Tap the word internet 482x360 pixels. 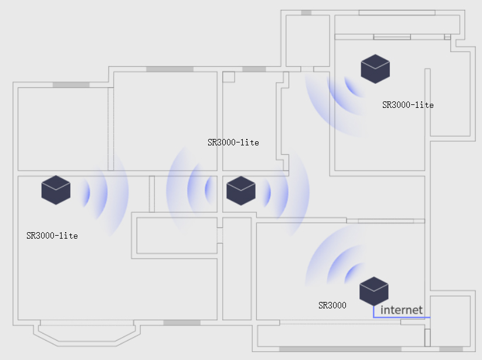click(402, 310)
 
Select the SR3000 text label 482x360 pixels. click(332, 305)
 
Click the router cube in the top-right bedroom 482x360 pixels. click(375, 69)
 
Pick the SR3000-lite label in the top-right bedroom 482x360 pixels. click(408, 105)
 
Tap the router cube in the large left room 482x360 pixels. click(56, 190)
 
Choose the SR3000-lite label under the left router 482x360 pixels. click(52, 236)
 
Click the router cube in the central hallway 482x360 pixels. click(240, 190)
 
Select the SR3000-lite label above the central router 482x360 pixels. click(233, 142)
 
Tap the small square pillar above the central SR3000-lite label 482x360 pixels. click(229, 77)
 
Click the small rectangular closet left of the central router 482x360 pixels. click(152, 193)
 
